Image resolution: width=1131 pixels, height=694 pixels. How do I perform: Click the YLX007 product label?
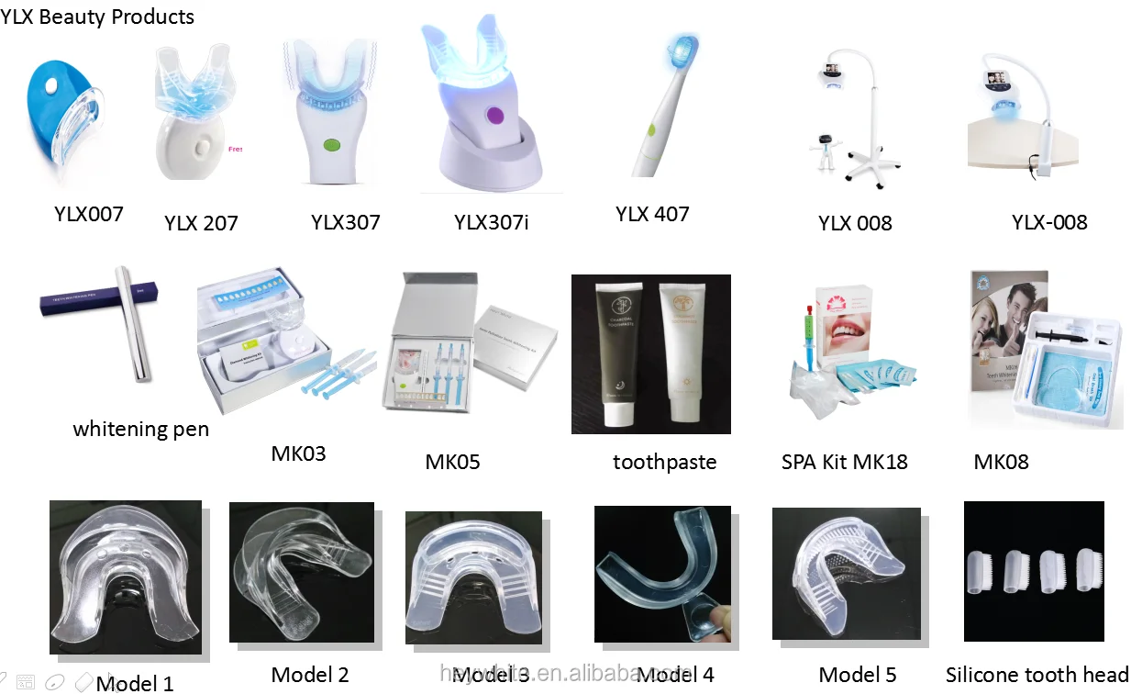tap(88, 214)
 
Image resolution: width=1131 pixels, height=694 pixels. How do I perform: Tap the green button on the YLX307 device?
tap(331, 144)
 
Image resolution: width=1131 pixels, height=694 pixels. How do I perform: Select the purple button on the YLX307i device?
tap(495, 115)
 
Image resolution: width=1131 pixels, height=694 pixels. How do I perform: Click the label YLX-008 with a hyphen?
tap(1049, 222)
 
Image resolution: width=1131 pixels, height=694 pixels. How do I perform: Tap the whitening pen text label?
tap(141, 429)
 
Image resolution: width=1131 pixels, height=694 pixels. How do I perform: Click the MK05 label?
tap(452, 461)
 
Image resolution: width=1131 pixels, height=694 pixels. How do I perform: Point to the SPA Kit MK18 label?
tap(844, 462)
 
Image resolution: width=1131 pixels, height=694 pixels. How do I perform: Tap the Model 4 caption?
tap(675, 675)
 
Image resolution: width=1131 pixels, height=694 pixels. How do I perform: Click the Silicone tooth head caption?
tap(1037, 675)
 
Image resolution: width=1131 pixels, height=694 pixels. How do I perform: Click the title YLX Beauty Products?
tap(98, 17)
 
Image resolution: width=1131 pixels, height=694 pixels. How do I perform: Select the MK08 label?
tap(1001, 462)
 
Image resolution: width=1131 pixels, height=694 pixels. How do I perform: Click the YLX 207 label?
tap(201, 223)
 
